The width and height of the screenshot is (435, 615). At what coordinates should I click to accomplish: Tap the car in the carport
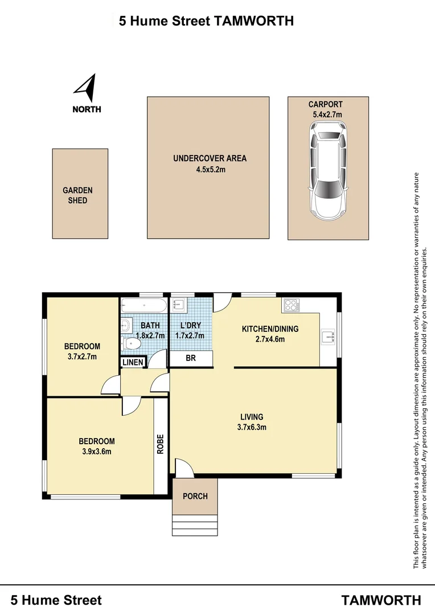pyautogui.click(x=328, y=171)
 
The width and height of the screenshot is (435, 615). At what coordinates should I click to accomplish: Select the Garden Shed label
pyautogui.click(x=77, y=195)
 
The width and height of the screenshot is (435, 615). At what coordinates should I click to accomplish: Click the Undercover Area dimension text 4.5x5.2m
pyautogui.click(x=211, y=170)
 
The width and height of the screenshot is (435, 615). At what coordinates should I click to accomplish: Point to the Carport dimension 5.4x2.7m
pyautogui.click(x=327, y=114)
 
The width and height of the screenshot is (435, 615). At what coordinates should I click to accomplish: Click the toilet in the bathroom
pyautogui.click(x=131, y=344)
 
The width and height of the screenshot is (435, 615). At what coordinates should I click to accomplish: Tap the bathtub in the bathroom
pyautogui.click(x=144, y=305)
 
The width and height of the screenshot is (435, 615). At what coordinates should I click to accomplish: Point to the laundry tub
pyautogui.click(x=178, y=305)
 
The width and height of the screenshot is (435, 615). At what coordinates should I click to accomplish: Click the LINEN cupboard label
pyautogui.click(x=133, y=362)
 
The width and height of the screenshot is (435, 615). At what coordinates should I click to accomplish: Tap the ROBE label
pyautogui.click(x=161, y=444)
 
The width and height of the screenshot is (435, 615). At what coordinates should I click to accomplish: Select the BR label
pyautogui.click(x=191, y=358)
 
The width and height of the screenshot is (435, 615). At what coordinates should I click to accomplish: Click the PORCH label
pyautogui.click(x=195, y=496)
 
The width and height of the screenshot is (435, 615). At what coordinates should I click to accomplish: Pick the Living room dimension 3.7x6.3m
pyautogui.click(x=252, y=427)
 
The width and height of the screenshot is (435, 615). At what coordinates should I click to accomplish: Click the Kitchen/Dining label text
pyautogui.click(x=270, y=329)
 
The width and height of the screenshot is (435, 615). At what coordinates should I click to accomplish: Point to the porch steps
pyautogui.click(x=195, y=525)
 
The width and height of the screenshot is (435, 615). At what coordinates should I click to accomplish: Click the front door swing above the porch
pyautogui.click(x=184, y=468)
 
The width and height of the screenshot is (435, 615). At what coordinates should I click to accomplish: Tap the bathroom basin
pyautogui.click(x=125, y=325)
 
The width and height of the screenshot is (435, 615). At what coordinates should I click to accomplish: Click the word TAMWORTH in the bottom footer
pyautogui.click(x=381, y=600)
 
